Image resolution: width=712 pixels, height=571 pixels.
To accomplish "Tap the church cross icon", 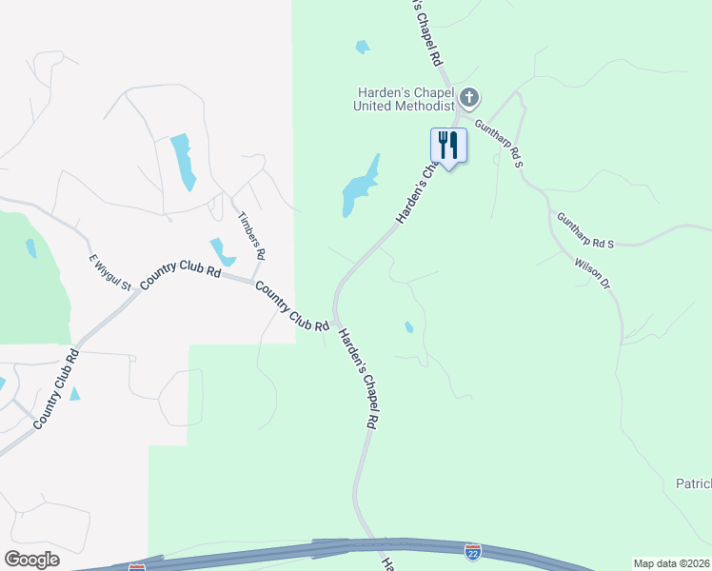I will (468, 97).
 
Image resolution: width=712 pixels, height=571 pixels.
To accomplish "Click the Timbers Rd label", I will (251, 236).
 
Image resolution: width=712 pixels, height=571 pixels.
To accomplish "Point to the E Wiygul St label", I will (109, 272).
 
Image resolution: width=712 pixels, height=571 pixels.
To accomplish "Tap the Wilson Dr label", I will (591, 273).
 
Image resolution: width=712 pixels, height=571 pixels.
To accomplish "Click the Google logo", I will (31, 559).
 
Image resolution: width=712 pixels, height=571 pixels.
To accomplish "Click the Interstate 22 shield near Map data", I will (473, 551).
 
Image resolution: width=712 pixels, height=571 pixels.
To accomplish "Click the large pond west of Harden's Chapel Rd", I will (359, 185).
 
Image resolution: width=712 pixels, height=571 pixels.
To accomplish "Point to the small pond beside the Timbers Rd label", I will (222, 251).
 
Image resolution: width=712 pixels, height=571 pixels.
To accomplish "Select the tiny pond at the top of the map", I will (362, 47).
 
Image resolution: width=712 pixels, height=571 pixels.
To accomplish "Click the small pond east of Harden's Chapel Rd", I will (408, 327).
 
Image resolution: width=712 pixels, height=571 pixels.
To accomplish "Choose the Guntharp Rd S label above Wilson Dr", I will (586, 230).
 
